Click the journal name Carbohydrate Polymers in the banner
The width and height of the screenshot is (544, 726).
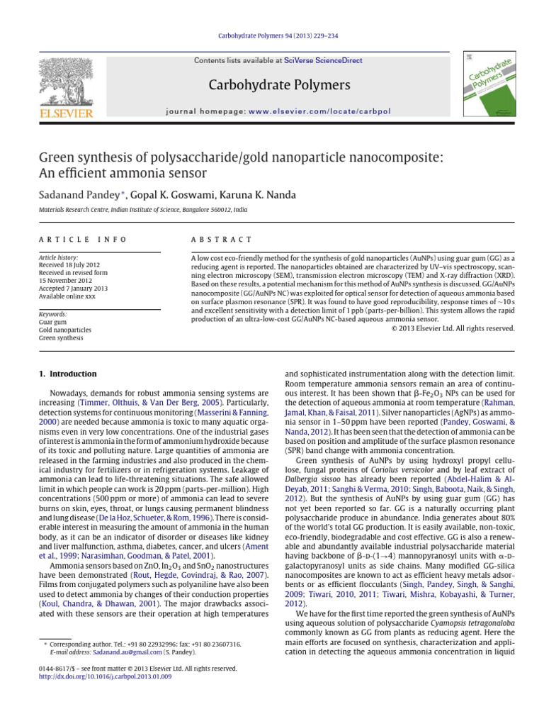[278, 86]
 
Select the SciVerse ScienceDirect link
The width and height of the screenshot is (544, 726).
[323, 61]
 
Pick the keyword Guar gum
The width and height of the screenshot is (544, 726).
[53, 323]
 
